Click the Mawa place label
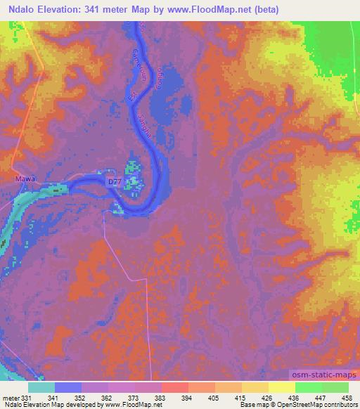(25, 178)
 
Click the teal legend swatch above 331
(41, 387)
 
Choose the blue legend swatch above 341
(67, 387)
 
